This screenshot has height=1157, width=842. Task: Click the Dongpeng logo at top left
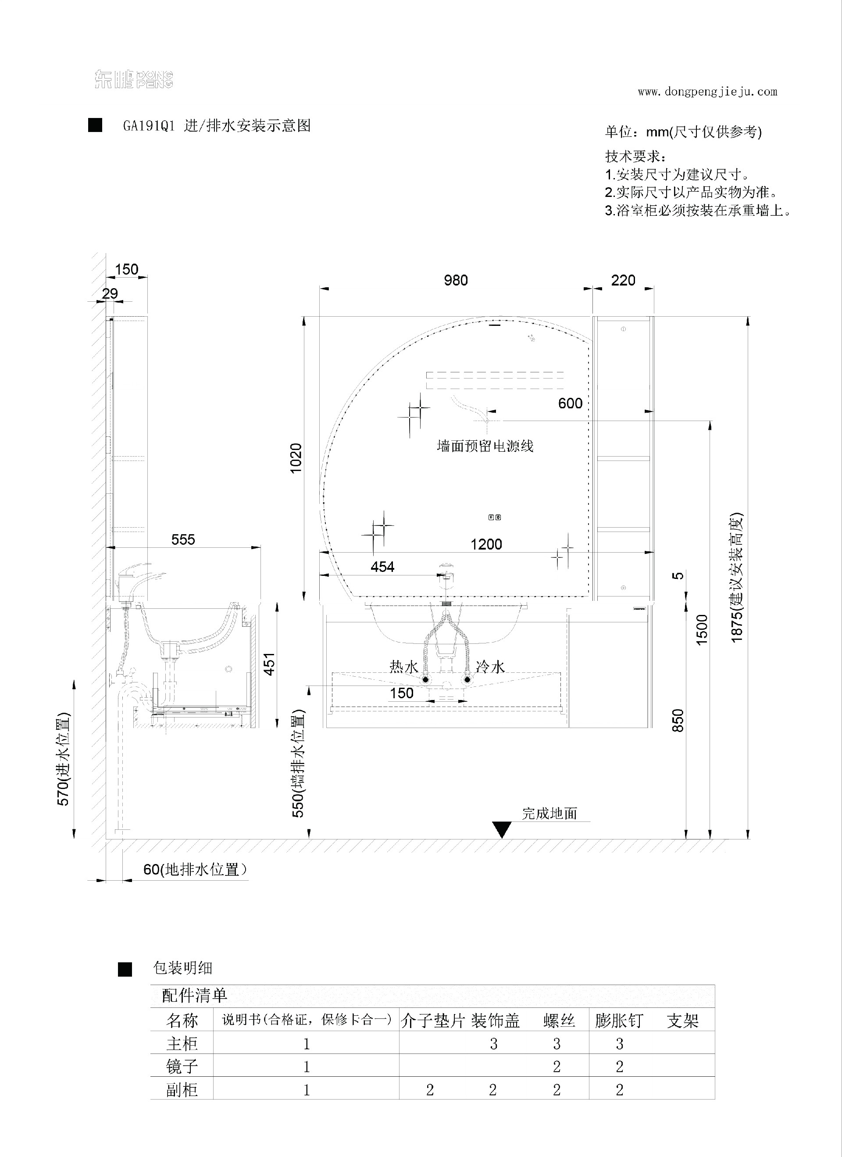click(134, 79)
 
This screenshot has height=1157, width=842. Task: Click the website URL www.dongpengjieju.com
click(707, 92)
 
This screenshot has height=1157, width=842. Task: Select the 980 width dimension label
click(455, 281)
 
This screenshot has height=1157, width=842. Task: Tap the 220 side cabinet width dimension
click(623, 281)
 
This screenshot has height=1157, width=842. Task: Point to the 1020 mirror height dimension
click(296, 457)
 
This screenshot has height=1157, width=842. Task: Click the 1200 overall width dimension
click(486, 544)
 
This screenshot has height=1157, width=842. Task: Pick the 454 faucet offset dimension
click(382, 567)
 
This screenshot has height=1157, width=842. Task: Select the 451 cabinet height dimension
click(270, 664)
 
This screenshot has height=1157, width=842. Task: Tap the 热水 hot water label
click(404, 667)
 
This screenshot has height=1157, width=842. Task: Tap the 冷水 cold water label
click(490, 667)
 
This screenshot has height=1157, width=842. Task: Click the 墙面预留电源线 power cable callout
click(485, 446)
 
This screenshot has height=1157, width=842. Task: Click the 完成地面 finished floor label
click(549, 814)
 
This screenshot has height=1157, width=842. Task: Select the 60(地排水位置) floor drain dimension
click(195, 869)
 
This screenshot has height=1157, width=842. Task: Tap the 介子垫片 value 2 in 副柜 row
click(430, 1090)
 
